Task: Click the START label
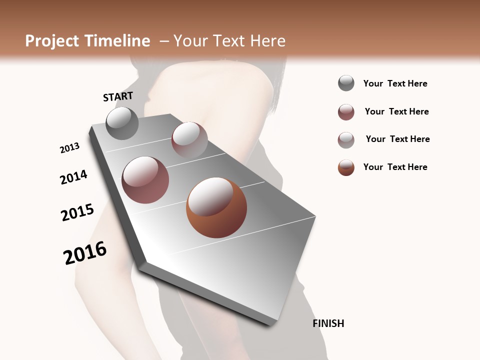118,96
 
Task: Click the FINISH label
328,323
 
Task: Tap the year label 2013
69,148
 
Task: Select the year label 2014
73,177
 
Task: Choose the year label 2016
85,253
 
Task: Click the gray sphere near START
122,123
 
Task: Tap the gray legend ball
346,83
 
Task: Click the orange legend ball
346,167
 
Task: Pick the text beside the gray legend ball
395,83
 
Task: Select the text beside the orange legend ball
395,167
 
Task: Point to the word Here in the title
267,41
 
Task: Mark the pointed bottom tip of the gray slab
270,325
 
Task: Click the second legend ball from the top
346,112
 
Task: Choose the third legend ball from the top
346,140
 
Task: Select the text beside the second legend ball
396,111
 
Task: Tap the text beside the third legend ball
397,139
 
